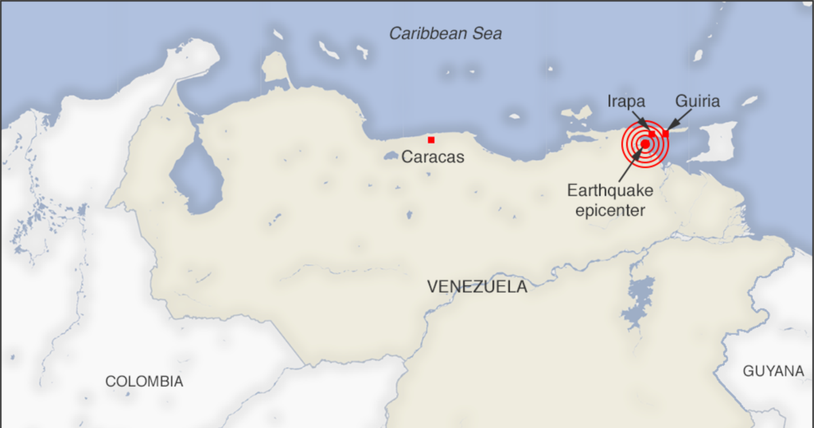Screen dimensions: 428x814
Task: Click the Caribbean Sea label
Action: (445, 33)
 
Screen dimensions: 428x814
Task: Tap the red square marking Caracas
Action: (431, 140)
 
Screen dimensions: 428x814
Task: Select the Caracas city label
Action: (433, 158)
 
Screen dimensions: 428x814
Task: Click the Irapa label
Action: (625, 102)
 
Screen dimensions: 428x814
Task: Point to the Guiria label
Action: (697, 102)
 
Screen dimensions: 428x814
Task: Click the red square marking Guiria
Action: (665, 134)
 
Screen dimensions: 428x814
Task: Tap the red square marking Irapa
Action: (652, 135)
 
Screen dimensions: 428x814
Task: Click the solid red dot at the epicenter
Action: (644, 143)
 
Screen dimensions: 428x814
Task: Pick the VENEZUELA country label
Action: (477, 287)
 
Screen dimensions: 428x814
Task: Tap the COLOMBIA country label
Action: (144, 382)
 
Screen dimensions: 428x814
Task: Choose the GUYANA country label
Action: (773, 372)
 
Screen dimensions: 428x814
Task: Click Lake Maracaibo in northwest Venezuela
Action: (195, 178)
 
